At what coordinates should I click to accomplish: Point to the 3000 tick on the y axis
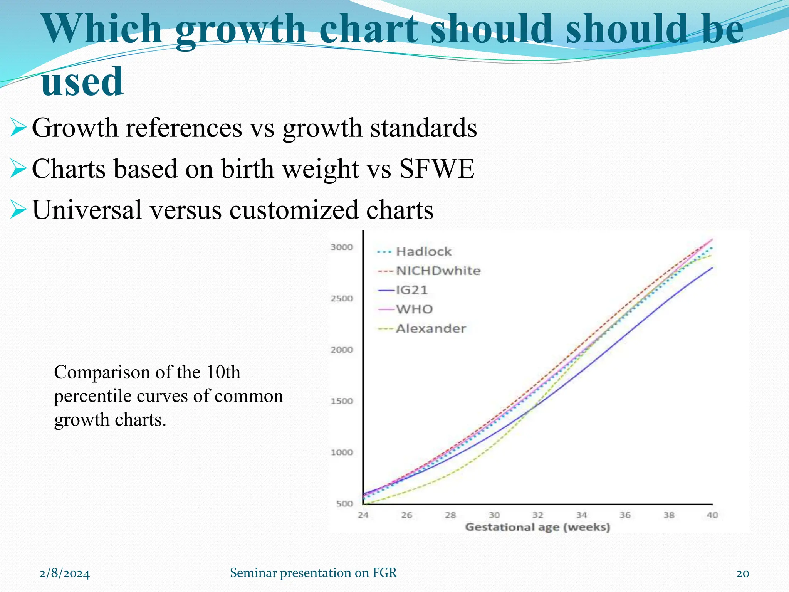pos(342,247)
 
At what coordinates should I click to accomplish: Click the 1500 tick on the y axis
pos(342,401)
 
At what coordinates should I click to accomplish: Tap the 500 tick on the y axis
pos(344,504)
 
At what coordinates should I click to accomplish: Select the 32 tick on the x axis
pos(538,515)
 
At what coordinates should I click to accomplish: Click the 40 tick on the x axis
pos(712,515)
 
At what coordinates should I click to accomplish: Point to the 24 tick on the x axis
pos(363,515)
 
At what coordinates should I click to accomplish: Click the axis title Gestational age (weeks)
pos(537,527)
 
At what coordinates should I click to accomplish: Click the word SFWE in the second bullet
pos(436,169)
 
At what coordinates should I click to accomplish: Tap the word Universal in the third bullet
pos(87,210)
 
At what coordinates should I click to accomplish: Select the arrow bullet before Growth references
pos(18,128)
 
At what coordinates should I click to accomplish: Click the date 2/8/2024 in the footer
pos(65,573)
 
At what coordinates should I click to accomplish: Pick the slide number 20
pos(742,573)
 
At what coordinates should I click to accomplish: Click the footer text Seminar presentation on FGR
pos(313,573)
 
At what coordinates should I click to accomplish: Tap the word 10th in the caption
pos(223,372)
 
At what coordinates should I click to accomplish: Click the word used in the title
pos(82,81)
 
